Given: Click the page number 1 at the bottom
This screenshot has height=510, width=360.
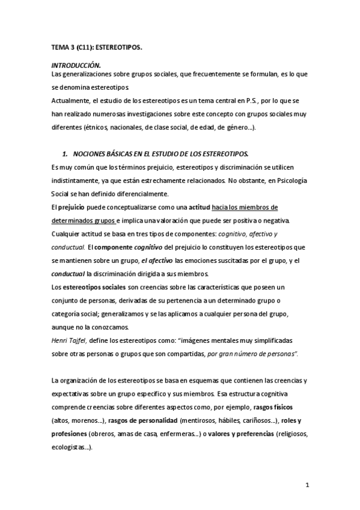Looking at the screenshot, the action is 307,485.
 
